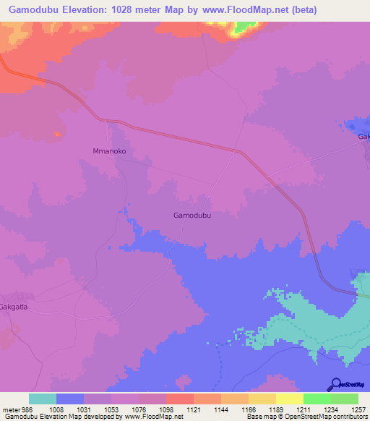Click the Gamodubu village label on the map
[x=192, y=216]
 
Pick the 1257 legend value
[x=358, y=409]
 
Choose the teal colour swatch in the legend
[x=43, y=399]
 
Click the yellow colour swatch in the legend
[x=289, y=399]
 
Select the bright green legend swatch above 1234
[x=317, y=399]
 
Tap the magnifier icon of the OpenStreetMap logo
[x=335, y=385]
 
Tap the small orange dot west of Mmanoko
[x=57, y=134]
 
